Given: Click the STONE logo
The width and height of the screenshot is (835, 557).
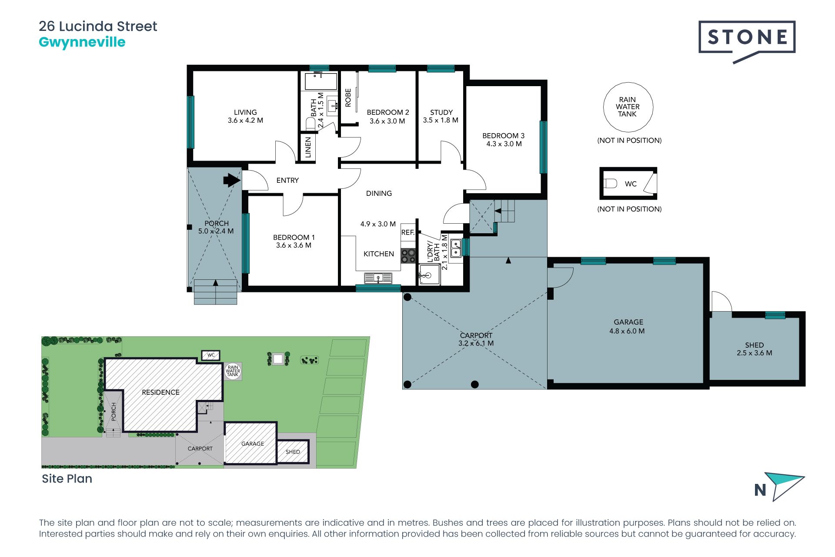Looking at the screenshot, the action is point(747,42).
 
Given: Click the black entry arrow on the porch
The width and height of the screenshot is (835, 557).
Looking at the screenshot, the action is point(232,180).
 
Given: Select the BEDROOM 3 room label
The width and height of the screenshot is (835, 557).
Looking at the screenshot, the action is point(504,136).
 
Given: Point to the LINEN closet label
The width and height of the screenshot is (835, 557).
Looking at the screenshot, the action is point(308,147).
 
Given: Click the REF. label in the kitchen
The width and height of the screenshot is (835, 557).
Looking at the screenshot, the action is point(407,232).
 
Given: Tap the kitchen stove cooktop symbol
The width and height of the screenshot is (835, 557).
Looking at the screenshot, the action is point(408,256).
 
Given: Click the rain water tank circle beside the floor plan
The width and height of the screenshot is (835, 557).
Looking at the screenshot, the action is point(628,107).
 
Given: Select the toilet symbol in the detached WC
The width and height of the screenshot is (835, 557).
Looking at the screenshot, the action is point(611,184).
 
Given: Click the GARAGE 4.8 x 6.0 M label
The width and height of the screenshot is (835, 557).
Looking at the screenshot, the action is point(627,326).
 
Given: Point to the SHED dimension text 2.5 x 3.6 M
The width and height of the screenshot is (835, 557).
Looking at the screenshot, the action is point(755,353).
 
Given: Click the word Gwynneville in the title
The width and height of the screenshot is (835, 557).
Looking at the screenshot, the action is point(82,42).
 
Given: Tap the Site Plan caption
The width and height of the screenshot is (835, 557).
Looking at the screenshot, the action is point(67,479).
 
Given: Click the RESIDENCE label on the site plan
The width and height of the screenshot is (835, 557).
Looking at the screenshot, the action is point(160,392).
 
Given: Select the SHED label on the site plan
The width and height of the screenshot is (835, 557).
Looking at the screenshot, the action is point(293,452).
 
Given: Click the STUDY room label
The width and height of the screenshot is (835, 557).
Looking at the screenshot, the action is point(441,112).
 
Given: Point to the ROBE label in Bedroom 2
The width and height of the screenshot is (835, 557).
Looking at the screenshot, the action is point(348,98).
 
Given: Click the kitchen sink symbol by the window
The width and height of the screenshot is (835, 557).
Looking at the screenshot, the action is point(378,278).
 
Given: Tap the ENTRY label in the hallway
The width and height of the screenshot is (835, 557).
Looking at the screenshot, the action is point(287,180).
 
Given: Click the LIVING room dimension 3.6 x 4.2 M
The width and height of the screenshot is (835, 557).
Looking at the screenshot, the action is point(245,121).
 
